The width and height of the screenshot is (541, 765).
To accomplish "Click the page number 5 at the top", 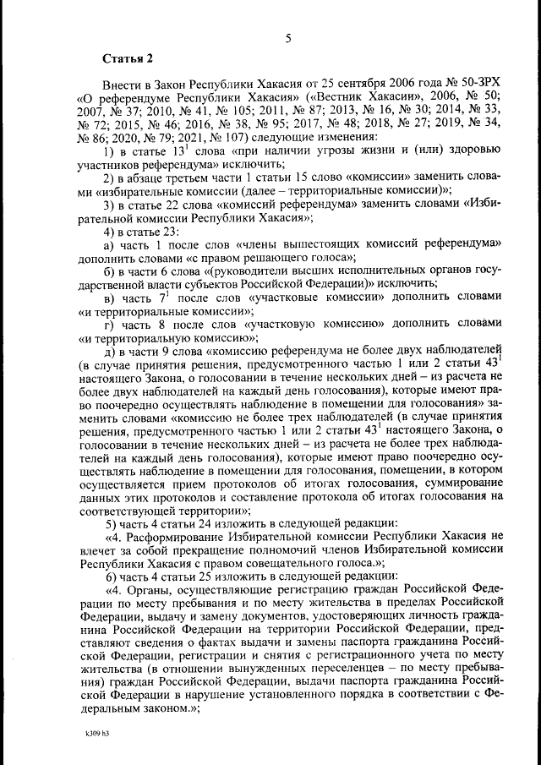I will (x=288, y=38).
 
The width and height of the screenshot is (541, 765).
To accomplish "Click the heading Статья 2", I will (x=128, y=59).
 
